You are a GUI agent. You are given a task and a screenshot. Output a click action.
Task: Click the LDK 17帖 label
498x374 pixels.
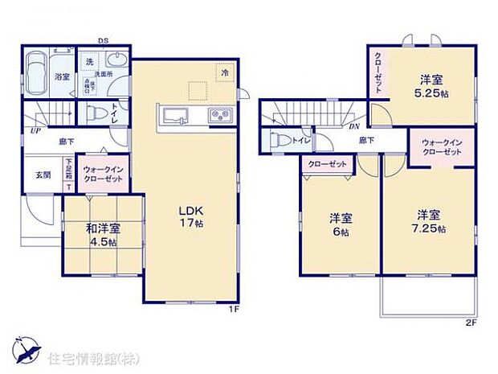point(190,216)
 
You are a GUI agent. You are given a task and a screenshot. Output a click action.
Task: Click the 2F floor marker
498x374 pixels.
point(471,322)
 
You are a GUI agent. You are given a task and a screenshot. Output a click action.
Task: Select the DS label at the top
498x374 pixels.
point(103,40)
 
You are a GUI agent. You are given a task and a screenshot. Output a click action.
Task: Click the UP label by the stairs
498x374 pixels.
point(35,130)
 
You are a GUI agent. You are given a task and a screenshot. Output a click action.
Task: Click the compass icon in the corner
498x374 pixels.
point(26,351)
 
